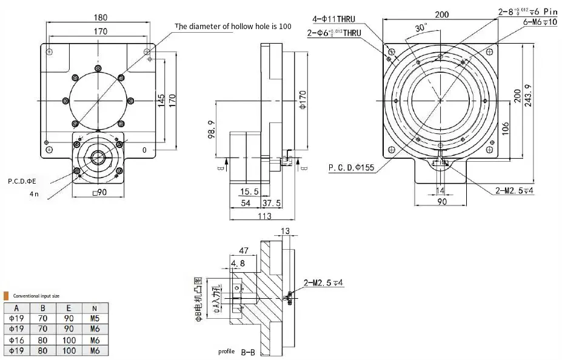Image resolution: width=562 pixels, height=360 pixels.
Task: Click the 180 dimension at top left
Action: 101,17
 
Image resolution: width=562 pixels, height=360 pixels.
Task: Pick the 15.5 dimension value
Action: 245,192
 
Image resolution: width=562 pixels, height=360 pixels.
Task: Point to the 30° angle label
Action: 421,28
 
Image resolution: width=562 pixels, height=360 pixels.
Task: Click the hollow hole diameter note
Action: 233,26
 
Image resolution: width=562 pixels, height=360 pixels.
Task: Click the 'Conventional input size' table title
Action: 36,296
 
